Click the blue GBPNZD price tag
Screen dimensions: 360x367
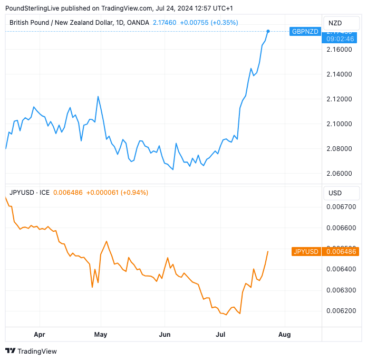coord(305,31)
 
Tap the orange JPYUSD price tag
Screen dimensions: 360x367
coord(305,252)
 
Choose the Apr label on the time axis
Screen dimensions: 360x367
coord(40,334)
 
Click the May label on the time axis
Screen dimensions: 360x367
coord(100,334)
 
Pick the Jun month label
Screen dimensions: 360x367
coord(165,334)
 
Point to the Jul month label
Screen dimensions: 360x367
coord(220,334)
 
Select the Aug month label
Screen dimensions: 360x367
coord(284,334)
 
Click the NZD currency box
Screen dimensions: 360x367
coord(335,23)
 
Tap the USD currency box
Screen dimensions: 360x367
coord(335,193)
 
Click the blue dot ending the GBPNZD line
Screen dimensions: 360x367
coord(268,31)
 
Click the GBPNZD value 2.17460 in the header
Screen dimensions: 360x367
coord(164,22)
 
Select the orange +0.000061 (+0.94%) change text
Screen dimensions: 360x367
coord(117,193)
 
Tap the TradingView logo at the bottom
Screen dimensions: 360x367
coord(31,351)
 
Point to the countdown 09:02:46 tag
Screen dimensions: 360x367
coord(340,38)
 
